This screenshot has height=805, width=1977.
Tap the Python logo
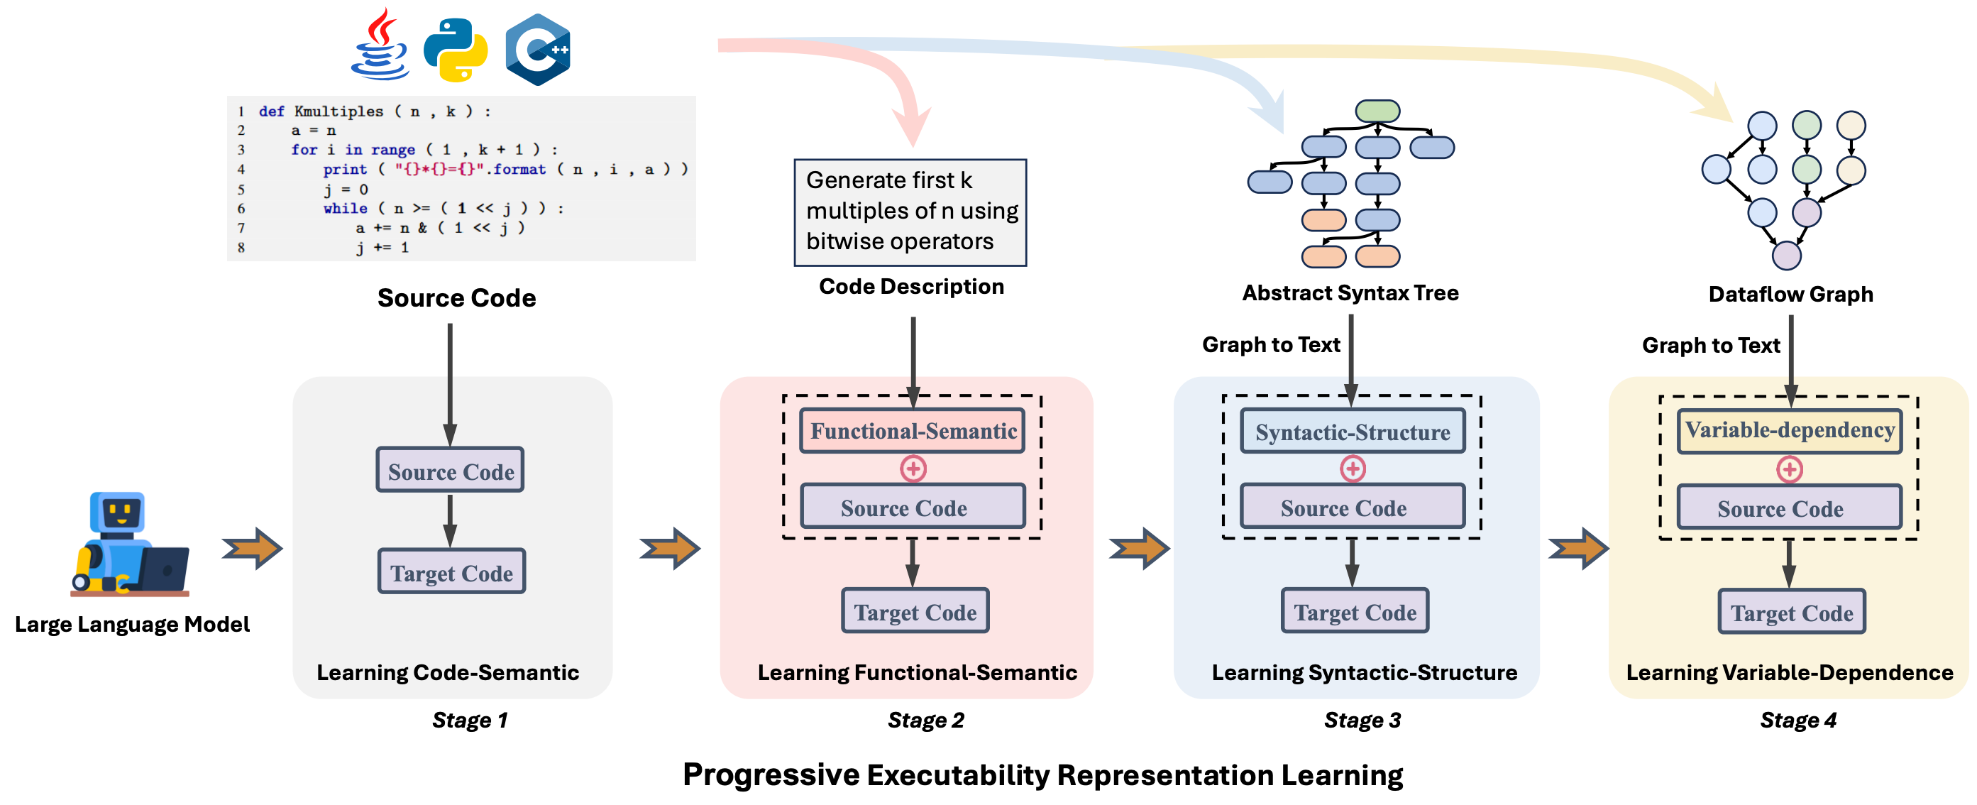point(456,50)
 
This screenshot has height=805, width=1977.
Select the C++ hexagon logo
point(538,49)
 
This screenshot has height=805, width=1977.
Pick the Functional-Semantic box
point(913,430)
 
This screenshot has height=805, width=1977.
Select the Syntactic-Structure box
point(1353,432)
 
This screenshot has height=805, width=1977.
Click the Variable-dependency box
point(1789,430)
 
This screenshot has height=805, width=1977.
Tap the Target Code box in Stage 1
point(451,571)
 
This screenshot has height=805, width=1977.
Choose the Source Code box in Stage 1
point(451,471)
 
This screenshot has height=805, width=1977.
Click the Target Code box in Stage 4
point(1791,612)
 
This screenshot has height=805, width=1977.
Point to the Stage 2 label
point(925,720)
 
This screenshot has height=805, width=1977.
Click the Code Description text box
point(910,212)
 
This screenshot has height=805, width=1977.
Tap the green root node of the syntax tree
point(1377,111)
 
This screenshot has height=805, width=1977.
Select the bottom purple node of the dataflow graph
point(1786,256)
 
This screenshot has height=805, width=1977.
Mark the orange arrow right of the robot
point(253,548)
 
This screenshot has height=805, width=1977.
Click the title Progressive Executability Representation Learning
point(1042,774)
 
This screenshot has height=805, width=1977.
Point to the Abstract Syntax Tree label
point(1350,292)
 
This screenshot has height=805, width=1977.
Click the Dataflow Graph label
point(1790,294)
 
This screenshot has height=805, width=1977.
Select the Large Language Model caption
point(132,624)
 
